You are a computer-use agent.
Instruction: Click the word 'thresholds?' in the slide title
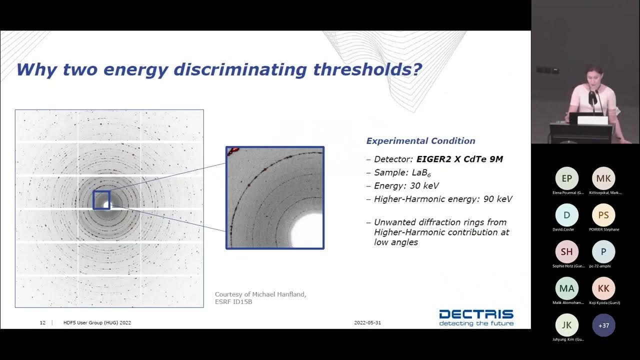point(367,69)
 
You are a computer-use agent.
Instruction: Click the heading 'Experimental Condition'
point(420,141)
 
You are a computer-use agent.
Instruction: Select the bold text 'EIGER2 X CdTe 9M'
point(459,159)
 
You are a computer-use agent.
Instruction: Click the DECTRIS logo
point(476,317)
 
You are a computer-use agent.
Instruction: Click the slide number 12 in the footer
point(42,322)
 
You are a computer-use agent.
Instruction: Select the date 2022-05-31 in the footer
point(367,322)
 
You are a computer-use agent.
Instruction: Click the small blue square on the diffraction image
point(101,200)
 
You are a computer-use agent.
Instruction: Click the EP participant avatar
point(566,178)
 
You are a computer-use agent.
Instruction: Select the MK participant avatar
point(603,178)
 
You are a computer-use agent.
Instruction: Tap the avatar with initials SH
point(566,252)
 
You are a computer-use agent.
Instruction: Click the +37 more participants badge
point(603,325)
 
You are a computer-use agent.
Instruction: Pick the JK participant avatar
point(566,325)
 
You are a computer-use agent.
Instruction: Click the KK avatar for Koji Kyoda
point(603,288)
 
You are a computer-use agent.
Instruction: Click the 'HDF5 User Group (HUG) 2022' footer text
point(97,322)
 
